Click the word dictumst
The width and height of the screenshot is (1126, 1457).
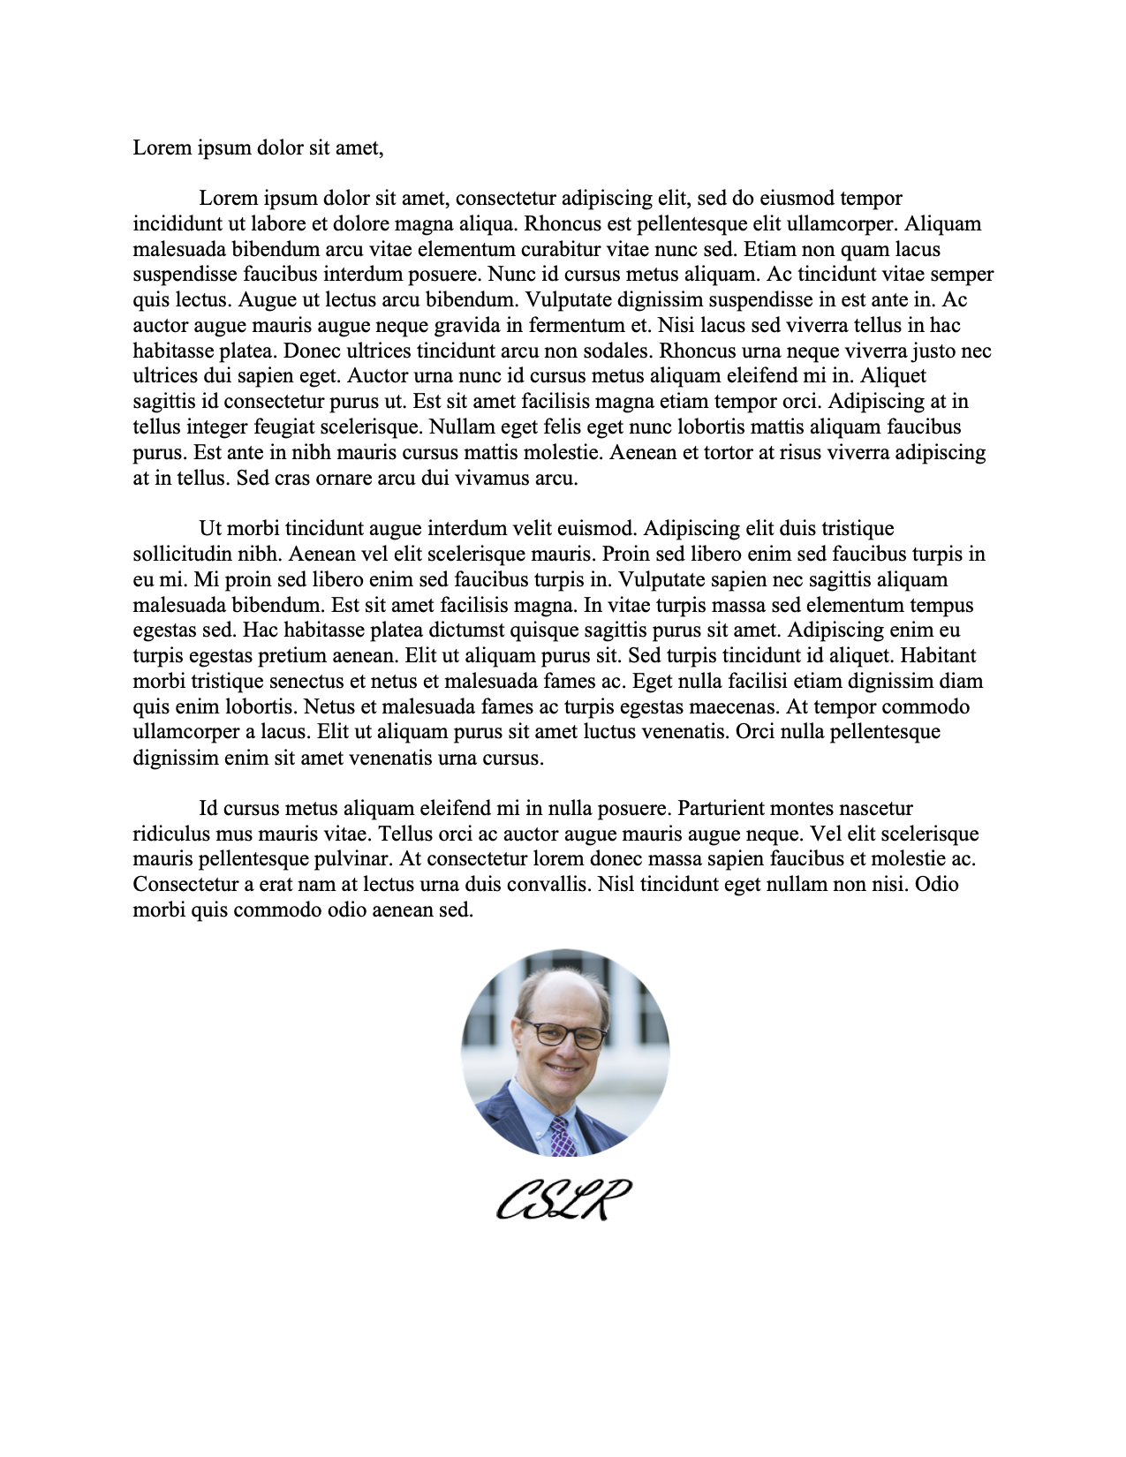(463, 630)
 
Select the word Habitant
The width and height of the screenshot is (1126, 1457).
(938, 655)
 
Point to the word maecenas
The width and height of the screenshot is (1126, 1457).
(723, 706)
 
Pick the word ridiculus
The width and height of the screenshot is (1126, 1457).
(170, 834)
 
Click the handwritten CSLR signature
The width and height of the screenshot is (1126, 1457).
(563, 1199)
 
